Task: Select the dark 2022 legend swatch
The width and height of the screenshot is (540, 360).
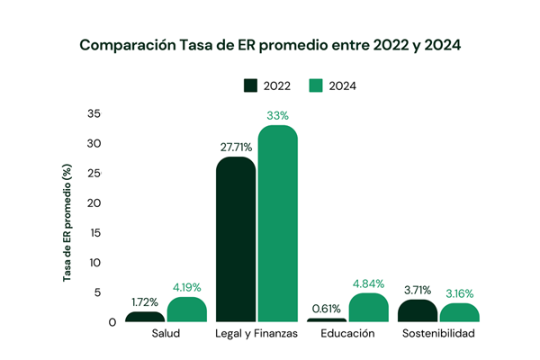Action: point(250,85)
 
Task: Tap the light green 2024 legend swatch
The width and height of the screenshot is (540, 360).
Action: point(316,85)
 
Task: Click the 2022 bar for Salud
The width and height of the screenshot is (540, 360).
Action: point(145,317)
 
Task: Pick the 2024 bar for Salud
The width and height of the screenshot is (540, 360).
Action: point(187,310)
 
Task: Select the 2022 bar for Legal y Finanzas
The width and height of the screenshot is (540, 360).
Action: point(236,239)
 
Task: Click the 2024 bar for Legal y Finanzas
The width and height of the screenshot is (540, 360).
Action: point(278,223)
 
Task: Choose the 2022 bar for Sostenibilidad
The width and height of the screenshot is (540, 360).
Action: point(417,310)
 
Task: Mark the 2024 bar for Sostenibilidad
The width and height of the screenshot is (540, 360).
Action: point(459,312)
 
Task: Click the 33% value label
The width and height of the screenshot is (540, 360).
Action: point(277,115)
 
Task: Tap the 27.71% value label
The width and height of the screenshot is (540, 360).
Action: point(236,147)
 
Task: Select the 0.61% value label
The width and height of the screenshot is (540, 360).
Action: point(326,309)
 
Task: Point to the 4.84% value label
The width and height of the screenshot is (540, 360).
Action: point(368,283)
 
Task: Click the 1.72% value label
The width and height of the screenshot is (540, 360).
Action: point(145,302)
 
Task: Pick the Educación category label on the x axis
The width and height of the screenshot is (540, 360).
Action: point(347,334)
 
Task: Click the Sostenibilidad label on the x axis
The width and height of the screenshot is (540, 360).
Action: point(438,334)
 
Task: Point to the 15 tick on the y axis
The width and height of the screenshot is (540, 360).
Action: point(95,233)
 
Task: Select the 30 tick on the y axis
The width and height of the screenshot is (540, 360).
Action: point(95,144)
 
